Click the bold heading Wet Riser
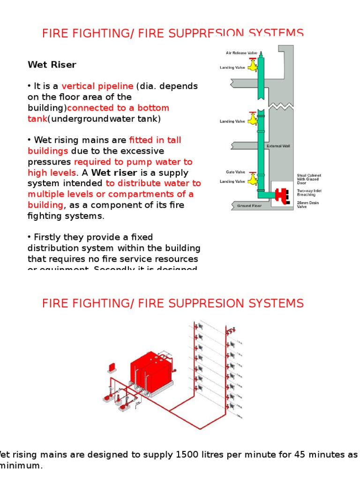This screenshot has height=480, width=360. [x=52, y=65]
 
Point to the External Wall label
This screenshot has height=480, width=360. [x=278, y=146]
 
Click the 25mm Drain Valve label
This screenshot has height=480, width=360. [x=307, y=205]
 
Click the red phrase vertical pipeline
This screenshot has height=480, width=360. [x=97, y=86]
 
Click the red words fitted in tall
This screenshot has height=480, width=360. [x=155, y=140]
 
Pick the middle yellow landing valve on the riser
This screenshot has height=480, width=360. [x=253, y=119]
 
